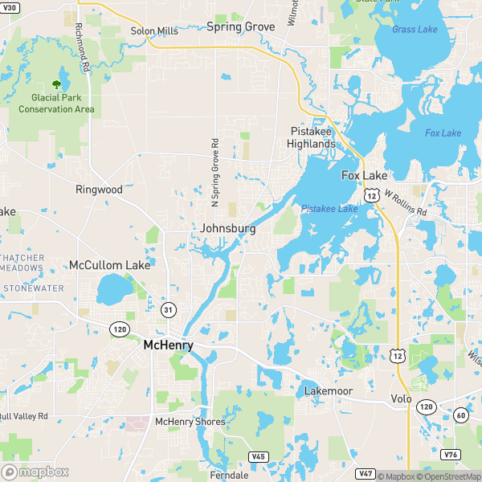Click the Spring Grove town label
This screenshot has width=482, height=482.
click(240, 27)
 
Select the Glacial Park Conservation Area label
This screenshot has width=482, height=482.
click(56, 104)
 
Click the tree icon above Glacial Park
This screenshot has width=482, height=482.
click(57, 84)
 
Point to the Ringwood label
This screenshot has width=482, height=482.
click(99, 190)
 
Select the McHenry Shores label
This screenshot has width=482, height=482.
click(190, 421)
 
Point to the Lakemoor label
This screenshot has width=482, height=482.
click(329, 391)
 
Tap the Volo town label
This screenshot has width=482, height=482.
click(401, 398)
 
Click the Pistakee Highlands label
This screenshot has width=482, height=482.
click(312, 137)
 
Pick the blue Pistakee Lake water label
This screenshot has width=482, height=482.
click(329, 209)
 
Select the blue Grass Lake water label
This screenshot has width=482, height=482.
click(415, 30)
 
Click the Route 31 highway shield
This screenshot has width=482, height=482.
click(168, 309)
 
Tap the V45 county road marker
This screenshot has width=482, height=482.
click(258, 456)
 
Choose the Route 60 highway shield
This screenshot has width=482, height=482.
click(460, 415)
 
